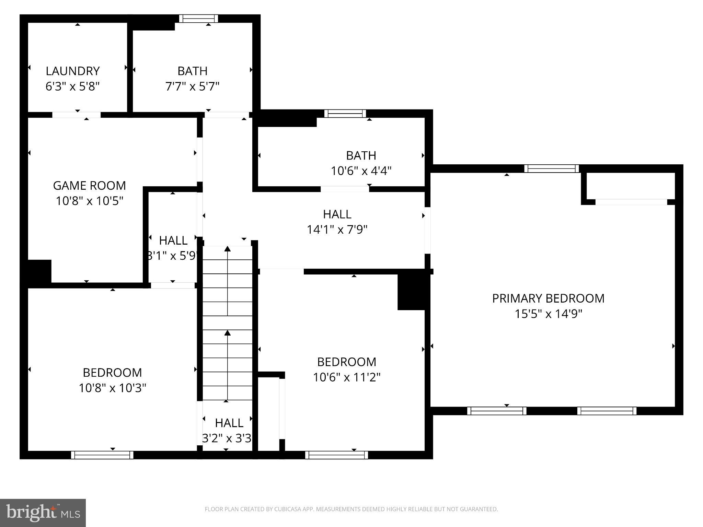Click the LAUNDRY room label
point(72,71)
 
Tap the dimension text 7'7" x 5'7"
point(192,86)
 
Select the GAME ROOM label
point(89,186)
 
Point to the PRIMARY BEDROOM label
point(548,298)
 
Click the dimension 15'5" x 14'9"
point(548,314)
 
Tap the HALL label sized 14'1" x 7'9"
point(337,214)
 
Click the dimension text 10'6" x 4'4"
point(361,171)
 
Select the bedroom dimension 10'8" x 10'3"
point(113,388)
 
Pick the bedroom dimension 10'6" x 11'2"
point(347,377)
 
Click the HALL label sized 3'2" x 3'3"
point(229,423)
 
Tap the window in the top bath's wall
point(198,19)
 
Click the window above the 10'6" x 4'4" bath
point(345,114)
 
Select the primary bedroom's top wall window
point(552,168)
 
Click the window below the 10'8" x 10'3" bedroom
point(102,455)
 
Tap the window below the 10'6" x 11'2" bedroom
point(336,455)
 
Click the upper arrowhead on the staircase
point(227,248)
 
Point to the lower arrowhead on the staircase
point(227,333)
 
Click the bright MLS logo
point(43,513)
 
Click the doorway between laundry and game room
point(76,115)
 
